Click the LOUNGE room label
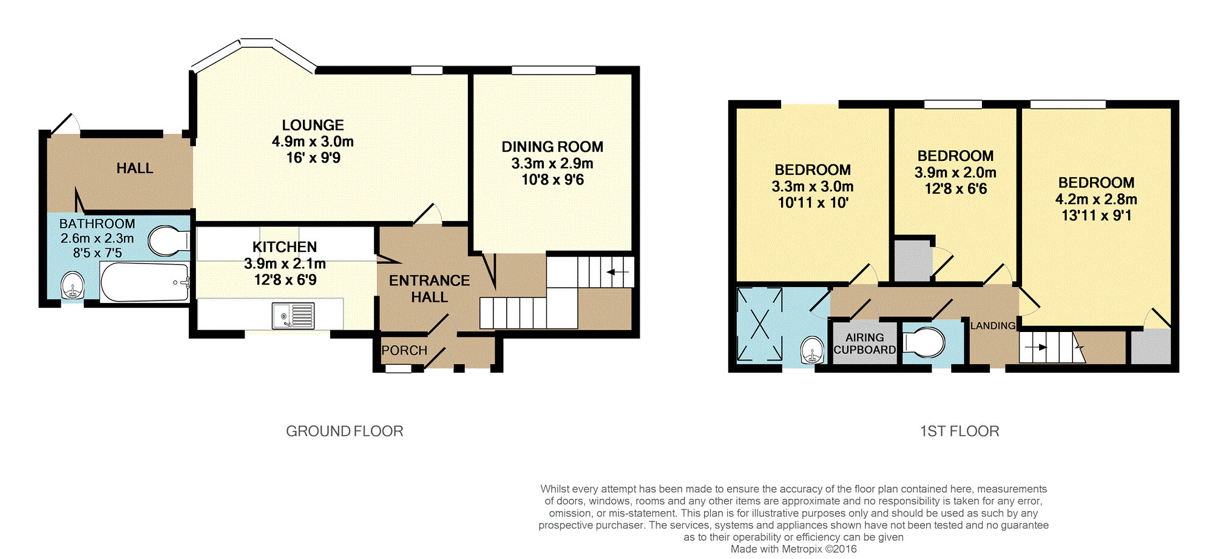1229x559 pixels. (x=313, y=125)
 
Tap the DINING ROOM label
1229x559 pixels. (x=552, y=147)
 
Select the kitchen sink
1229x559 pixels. (x=293, y=316)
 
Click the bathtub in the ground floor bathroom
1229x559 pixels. (x=145, y=282)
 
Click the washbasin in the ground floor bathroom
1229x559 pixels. (x=73, y=285)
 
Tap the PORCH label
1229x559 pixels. (x=404, y=350)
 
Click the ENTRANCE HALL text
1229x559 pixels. (x=430, y=289)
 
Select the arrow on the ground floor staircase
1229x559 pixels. (x=618, y=272)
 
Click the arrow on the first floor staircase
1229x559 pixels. (x=1035, y=348)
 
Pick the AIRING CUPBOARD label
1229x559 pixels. (x=865, y=344)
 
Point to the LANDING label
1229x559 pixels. (x=993, y=326)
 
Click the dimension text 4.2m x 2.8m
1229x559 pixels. (x=1096, y=199)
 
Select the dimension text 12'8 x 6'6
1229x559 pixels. (x=956, y=189)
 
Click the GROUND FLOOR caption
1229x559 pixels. (x=345, y=431)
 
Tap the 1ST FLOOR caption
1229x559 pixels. (x=960, y=431)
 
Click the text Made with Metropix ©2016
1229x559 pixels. (x=794, y=549)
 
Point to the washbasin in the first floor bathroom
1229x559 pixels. (x=812, y=351)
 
